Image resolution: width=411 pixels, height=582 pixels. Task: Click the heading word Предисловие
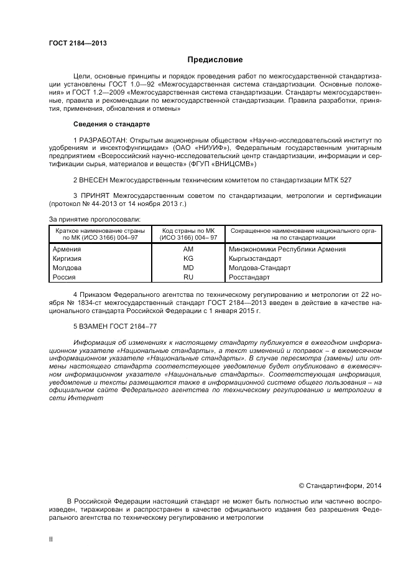tap(216, 60)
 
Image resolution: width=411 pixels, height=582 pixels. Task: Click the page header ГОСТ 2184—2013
tap(78, 43)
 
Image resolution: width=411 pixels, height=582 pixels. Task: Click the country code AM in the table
tap(188, 250)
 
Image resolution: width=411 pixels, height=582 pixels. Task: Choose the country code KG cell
tap(188, 259)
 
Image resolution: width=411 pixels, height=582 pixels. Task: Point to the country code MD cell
tap(188, 268)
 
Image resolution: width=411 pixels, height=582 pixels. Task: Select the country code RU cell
tap(188, 278)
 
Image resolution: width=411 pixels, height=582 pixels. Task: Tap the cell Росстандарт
tap(249, 278)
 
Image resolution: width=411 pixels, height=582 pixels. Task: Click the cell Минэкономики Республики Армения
tap(287, 250)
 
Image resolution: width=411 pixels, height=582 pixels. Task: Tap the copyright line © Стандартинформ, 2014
tap(340, 485)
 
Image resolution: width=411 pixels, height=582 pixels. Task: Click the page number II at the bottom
tap(52, 540)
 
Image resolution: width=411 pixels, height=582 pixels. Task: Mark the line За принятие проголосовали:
tap(95, 218)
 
